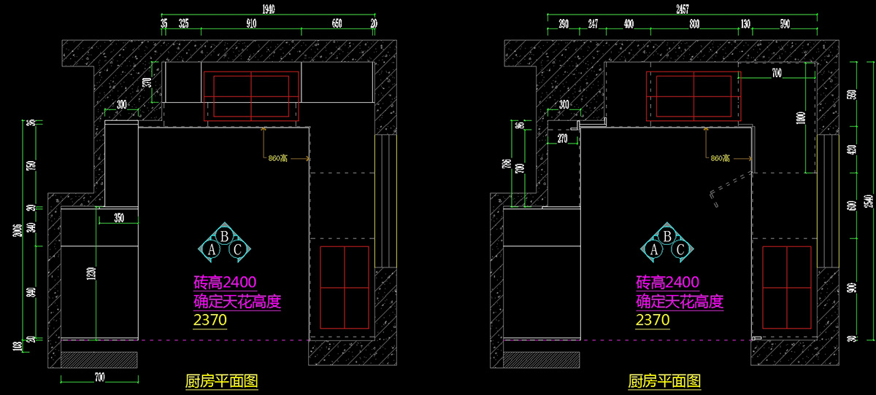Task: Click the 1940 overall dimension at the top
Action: coord(270,9)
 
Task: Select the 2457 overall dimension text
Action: coord(683,9)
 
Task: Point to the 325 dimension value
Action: coord(183,24)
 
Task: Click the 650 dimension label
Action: coord(337,24)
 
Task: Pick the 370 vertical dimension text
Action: coord(147,82)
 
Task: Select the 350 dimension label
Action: coord(119,217)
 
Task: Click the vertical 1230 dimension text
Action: coord(91,273)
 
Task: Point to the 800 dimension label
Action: coord(694,24)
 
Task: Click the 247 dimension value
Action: coord(593,24)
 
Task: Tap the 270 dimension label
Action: coord(562,138)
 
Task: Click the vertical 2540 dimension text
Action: coord(867,198)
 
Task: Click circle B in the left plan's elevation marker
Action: coord(225,235)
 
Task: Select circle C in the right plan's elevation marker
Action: coord(680,250)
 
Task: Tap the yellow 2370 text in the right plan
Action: coord(653,320)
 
